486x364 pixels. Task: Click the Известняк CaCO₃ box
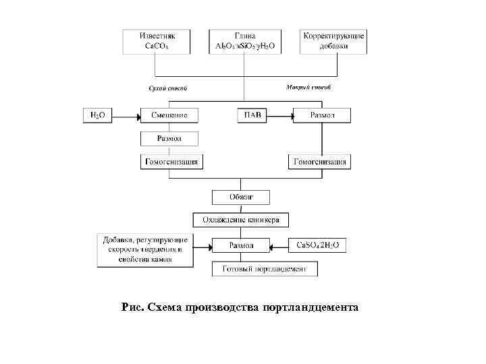[x=156, y=41]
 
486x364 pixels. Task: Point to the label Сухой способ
[x=167, y=88]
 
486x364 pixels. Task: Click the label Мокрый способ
[x=309, y=88]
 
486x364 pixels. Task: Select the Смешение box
[x=169, y=116]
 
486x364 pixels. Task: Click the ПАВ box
[x=252, y=116]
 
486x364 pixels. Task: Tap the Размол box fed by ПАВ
[x=321, y=116]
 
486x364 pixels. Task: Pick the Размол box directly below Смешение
[x=169, y=139]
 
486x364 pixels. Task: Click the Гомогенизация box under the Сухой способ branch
[x=169, y=162]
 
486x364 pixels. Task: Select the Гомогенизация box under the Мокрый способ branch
[x=321, y=162]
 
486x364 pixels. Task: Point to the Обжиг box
[x=242, y=197]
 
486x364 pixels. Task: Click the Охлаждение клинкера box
[x=242, y=220]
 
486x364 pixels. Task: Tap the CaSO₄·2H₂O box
[x=318, y=245]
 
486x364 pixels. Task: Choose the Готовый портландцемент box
[x=265, y=268]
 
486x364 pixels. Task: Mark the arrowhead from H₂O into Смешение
[x=138, y=117]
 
